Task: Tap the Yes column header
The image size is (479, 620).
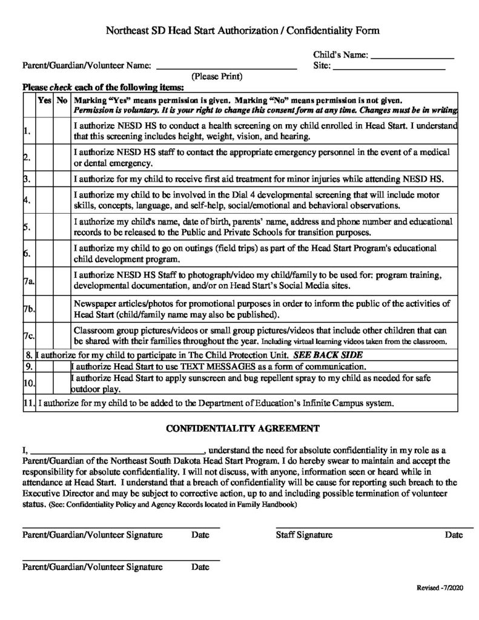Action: [45, 101]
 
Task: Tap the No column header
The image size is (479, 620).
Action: [62, 101]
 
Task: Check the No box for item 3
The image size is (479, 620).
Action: [62, 180]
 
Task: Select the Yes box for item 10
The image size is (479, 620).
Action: [45, 383]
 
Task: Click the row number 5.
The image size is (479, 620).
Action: [28, 228]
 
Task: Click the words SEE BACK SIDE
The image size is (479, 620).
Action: [328, 355]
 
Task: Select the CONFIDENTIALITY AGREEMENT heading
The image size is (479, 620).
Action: [242, 429]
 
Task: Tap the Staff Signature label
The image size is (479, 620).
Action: [304, 535]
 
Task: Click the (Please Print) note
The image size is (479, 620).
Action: [217, 77]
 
